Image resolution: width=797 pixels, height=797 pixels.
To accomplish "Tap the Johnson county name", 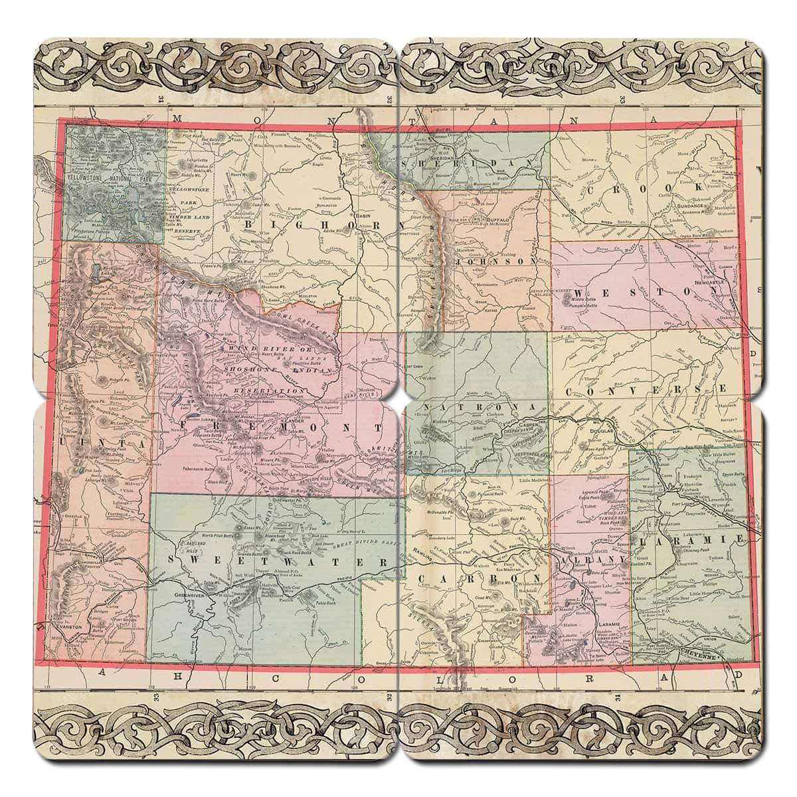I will [x=494, y=263].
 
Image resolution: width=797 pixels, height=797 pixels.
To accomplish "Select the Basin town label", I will [x=363, y=217].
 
